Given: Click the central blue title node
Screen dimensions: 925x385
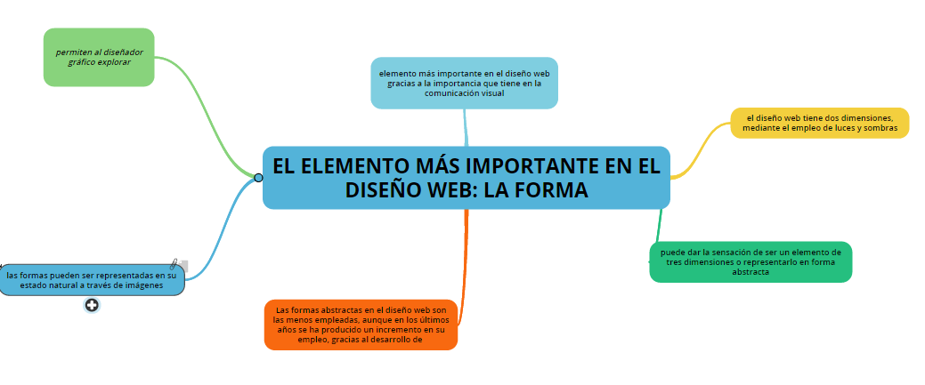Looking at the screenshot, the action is click(x=466, y=178).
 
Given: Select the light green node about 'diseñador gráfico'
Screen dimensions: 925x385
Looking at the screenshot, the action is click(x=99, y=57).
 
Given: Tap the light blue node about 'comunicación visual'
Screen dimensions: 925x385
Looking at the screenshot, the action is click(x=464, y=83).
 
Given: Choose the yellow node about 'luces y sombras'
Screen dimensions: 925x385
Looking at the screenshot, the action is click(x=819, y=123).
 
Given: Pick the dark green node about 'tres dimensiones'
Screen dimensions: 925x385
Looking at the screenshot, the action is click(x=751, y=261).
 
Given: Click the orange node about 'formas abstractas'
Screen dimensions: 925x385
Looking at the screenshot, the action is click(x=361, y=325).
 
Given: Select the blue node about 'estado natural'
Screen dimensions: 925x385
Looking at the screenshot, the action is click(x=92, y=280).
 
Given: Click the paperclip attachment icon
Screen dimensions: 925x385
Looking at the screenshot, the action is click(x=174, y=264).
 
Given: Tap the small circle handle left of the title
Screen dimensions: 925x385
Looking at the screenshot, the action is click(x=258, y=178).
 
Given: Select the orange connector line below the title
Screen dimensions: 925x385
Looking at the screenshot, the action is click(x=464, y=265).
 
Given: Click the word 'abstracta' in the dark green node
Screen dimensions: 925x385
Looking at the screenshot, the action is click(x=751, y=272).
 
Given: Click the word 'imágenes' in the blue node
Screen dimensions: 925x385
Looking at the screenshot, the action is click(x=144, y=285).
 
